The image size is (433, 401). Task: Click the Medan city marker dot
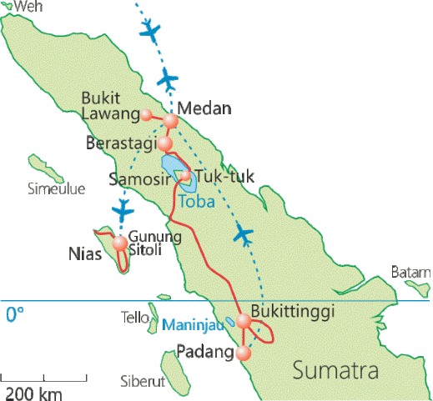pyautogui.click(x=171, y=122)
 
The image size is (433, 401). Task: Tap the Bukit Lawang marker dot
pyautogui.click(x=147, y=115)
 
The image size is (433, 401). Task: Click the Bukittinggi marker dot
pyautogui.click(x=244, y=321)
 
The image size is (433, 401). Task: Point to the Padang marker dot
pyautogui.click(x=243, y=353)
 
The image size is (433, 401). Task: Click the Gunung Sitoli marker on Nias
pyautogui.click(x=121, y=243)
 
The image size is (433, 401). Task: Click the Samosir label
pyautogui.click(x=136, y=178)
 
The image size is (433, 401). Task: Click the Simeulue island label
pyautogui.click(x=57, y=188)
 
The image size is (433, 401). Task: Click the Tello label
pyautogui.click(x=135, y=318)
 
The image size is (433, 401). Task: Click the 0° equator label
pyautogui.click(x=15, y=315)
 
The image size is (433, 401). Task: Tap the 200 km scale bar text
pyautogui.click(x=31, y=392)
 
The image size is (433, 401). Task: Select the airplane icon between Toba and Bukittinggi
pyautogui.click(x=244, y=234)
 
